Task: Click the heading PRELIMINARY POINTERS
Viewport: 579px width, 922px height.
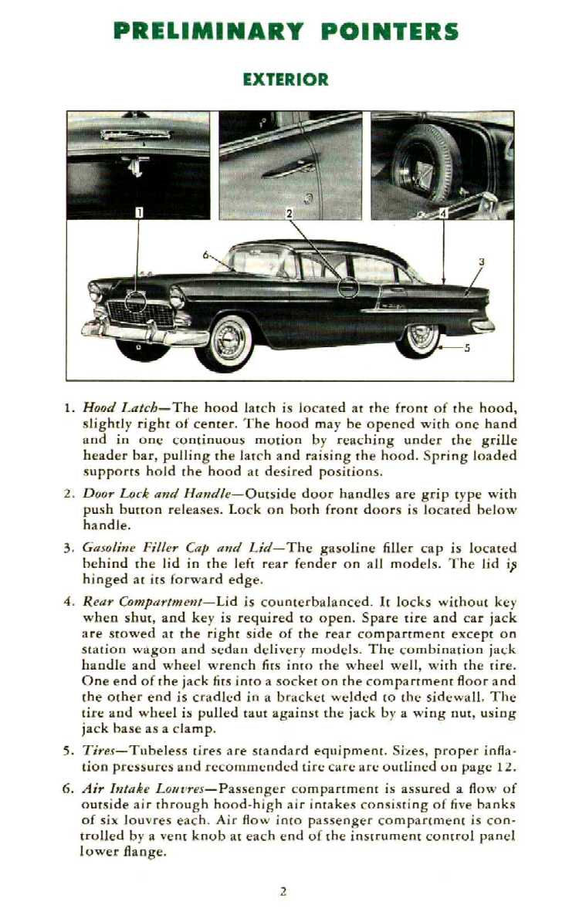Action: [x=286, y=32]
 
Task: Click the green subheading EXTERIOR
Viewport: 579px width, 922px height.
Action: [x=285, y=79]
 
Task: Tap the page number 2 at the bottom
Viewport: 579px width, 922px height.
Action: [x=283, y=891]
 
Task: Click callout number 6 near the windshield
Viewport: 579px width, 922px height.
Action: [x=206, y=255]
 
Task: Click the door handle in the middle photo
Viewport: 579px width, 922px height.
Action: [x=288, y=167]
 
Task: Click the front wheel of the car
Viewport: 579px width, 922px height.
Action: [x=225, y=343]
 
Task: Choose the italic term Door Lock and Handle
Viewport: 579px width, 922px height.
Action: [x=137, y=493]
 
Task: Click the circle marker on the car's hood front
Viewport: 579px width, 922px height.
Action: [x=135, y=300]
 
